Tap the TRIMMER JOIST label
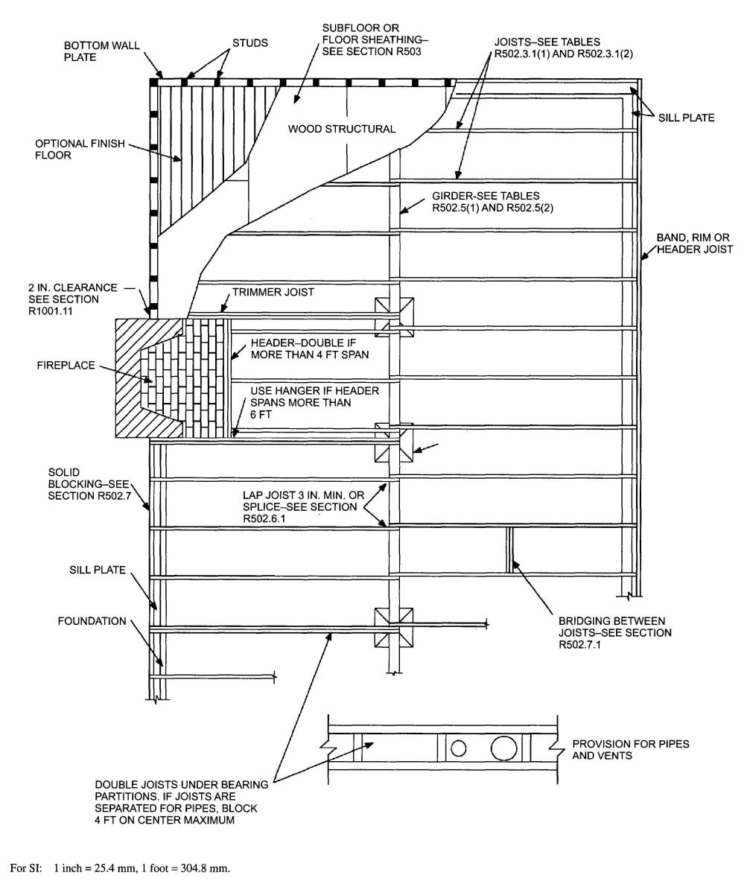click(x=273, y=293)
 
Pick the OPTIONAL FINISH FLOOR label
click(x=68, y=149)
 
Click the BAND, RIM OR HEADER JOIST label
click(x=694, y=244)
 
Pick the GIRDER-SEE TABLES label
click(x=492, y=201)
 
